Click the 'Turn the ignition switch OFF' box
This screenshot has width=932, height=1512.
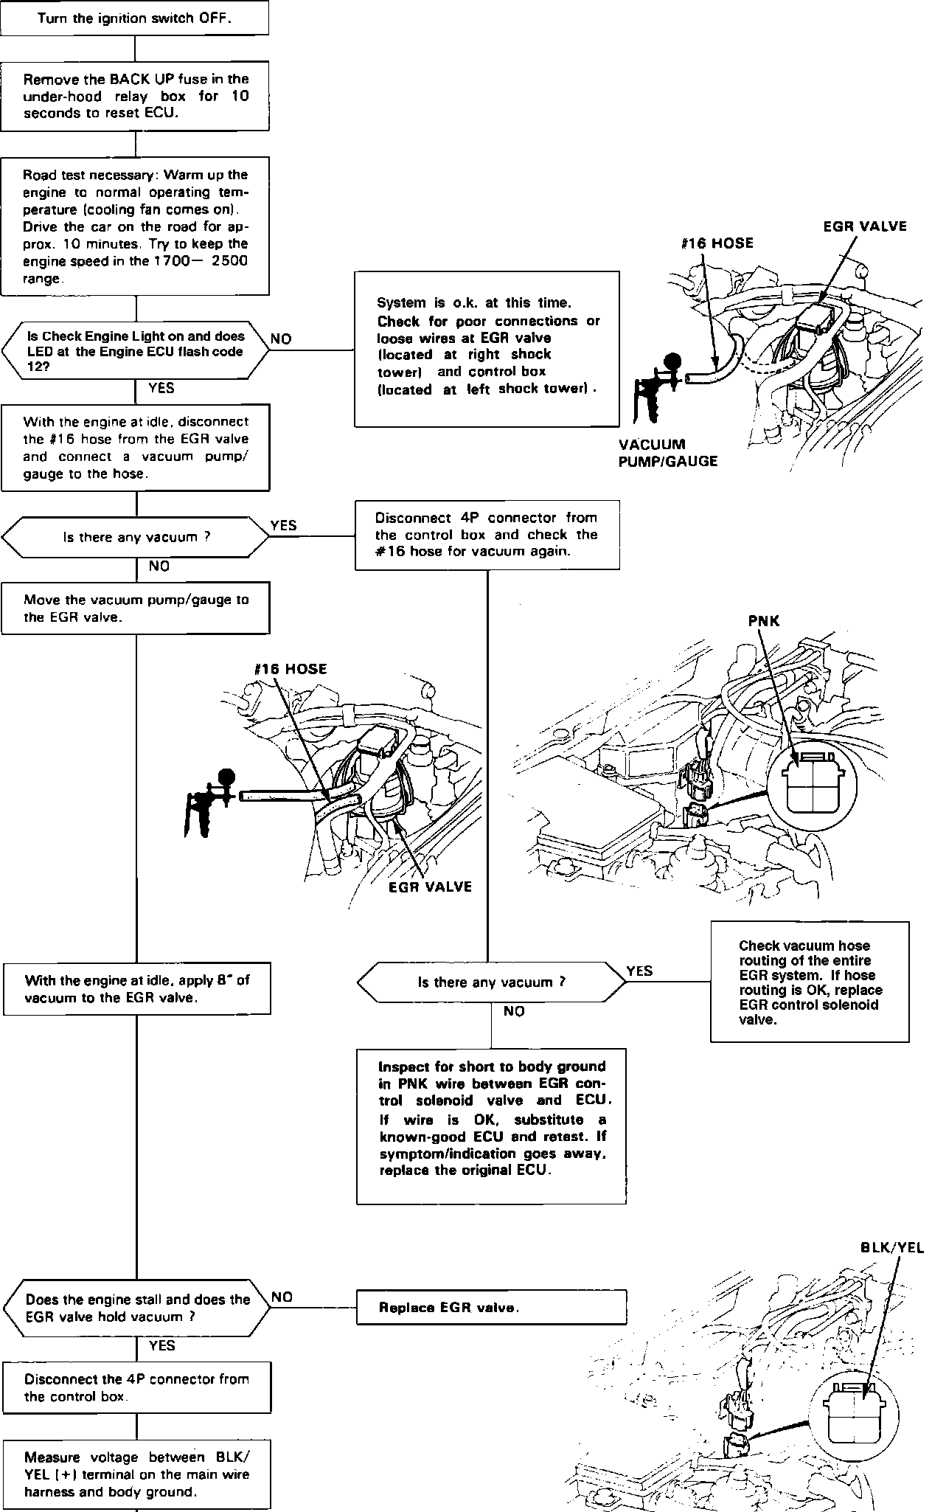point(134,18)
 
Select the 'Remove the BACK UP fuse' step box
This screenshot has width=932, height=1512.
point(134,96)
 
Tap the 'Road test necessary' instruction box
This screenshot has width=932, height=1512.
point(134,226)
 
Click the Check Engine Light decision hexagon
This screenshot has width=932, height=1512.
point(134,350)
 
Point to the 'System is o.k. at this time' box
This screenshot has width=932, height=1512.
point(487,348)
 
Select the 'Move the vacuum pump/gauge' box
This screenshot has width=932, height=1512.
point(136,608)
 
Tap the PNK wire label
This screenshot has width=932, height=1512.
point(763,620)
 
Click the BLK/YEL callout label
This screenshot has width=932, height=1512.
point(891,1248)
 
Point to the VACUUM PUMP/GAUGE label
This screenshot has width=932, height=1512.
point(668,453)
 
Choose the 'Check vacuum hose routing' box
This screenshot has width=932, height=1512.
point(810,982)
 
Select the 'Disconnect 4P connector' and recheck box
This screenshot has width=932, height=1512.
point(487,535)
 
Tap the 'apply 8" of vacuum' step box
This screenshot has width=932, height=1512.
point(136,988)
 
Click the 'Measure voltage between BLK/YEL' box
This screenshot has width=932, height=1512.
point(136,1474)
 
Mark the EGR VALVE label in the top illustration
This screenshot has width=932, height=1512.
point(864,226)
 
